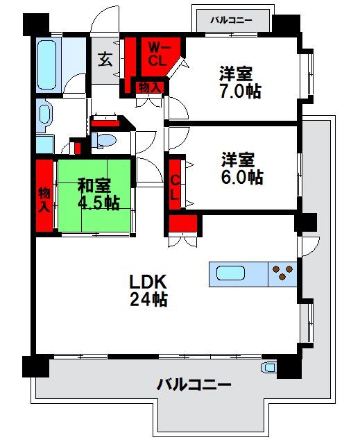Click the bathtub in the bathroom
46,65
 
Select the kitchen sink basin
230,273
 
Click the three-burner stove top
282,273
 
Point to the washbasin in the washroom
44,114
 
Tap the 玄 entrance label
105,60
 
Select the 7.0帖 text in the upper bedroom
240,91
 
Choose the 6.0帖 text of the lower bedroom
242,177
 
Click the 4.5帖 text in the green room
98,203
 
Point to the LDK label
148,281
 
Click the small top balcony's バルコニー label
231,20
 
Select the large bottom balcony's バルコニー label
194,384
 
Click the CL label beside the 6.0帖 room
175,187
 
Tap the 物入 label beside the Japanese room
44,200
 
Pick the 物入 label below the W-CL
150,87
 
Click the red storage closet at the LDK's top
183,223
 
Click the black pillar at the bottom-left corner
36,366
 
